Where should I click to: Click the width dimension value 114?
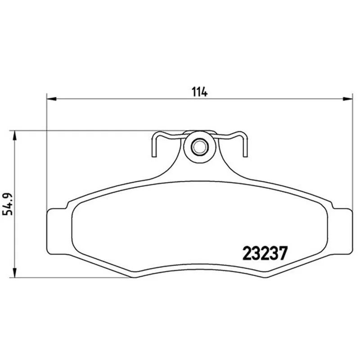pos(199,92)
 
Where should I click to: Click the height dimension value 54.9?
pos(7,204)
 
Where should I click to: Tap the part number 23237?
pos(265,253)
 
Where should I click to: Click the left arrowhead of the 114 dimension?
pos(51,99)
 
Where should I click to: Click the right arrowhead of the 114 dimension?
pos(347,99)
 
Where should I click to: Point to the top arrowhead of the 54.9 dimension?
pos(15,136)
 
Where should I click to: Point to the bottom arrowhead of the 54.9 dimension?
pos(15,273)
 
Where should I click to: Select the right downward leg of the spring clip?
pos(245,146)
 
